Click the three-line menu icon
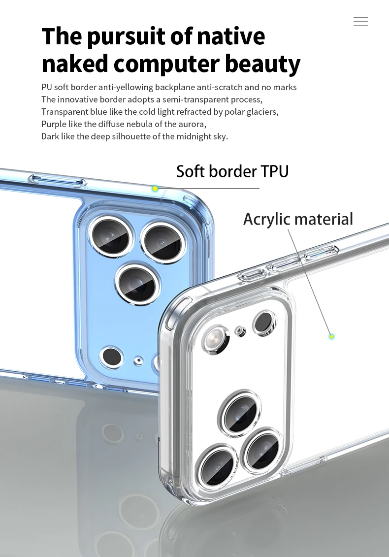(x=360, y=21)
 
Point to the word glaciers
(x=261, y=112)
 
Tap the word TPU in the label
(x=275, y=171)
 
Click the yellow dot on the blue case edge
(x=155, y=189)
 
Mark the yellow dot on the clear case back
(x=331, y=336)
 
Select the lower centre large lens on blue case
(x=137, y=284)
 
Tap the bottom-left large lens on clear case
(x=217, y=465)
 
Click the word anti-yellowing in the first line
(x=126, y=87)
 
